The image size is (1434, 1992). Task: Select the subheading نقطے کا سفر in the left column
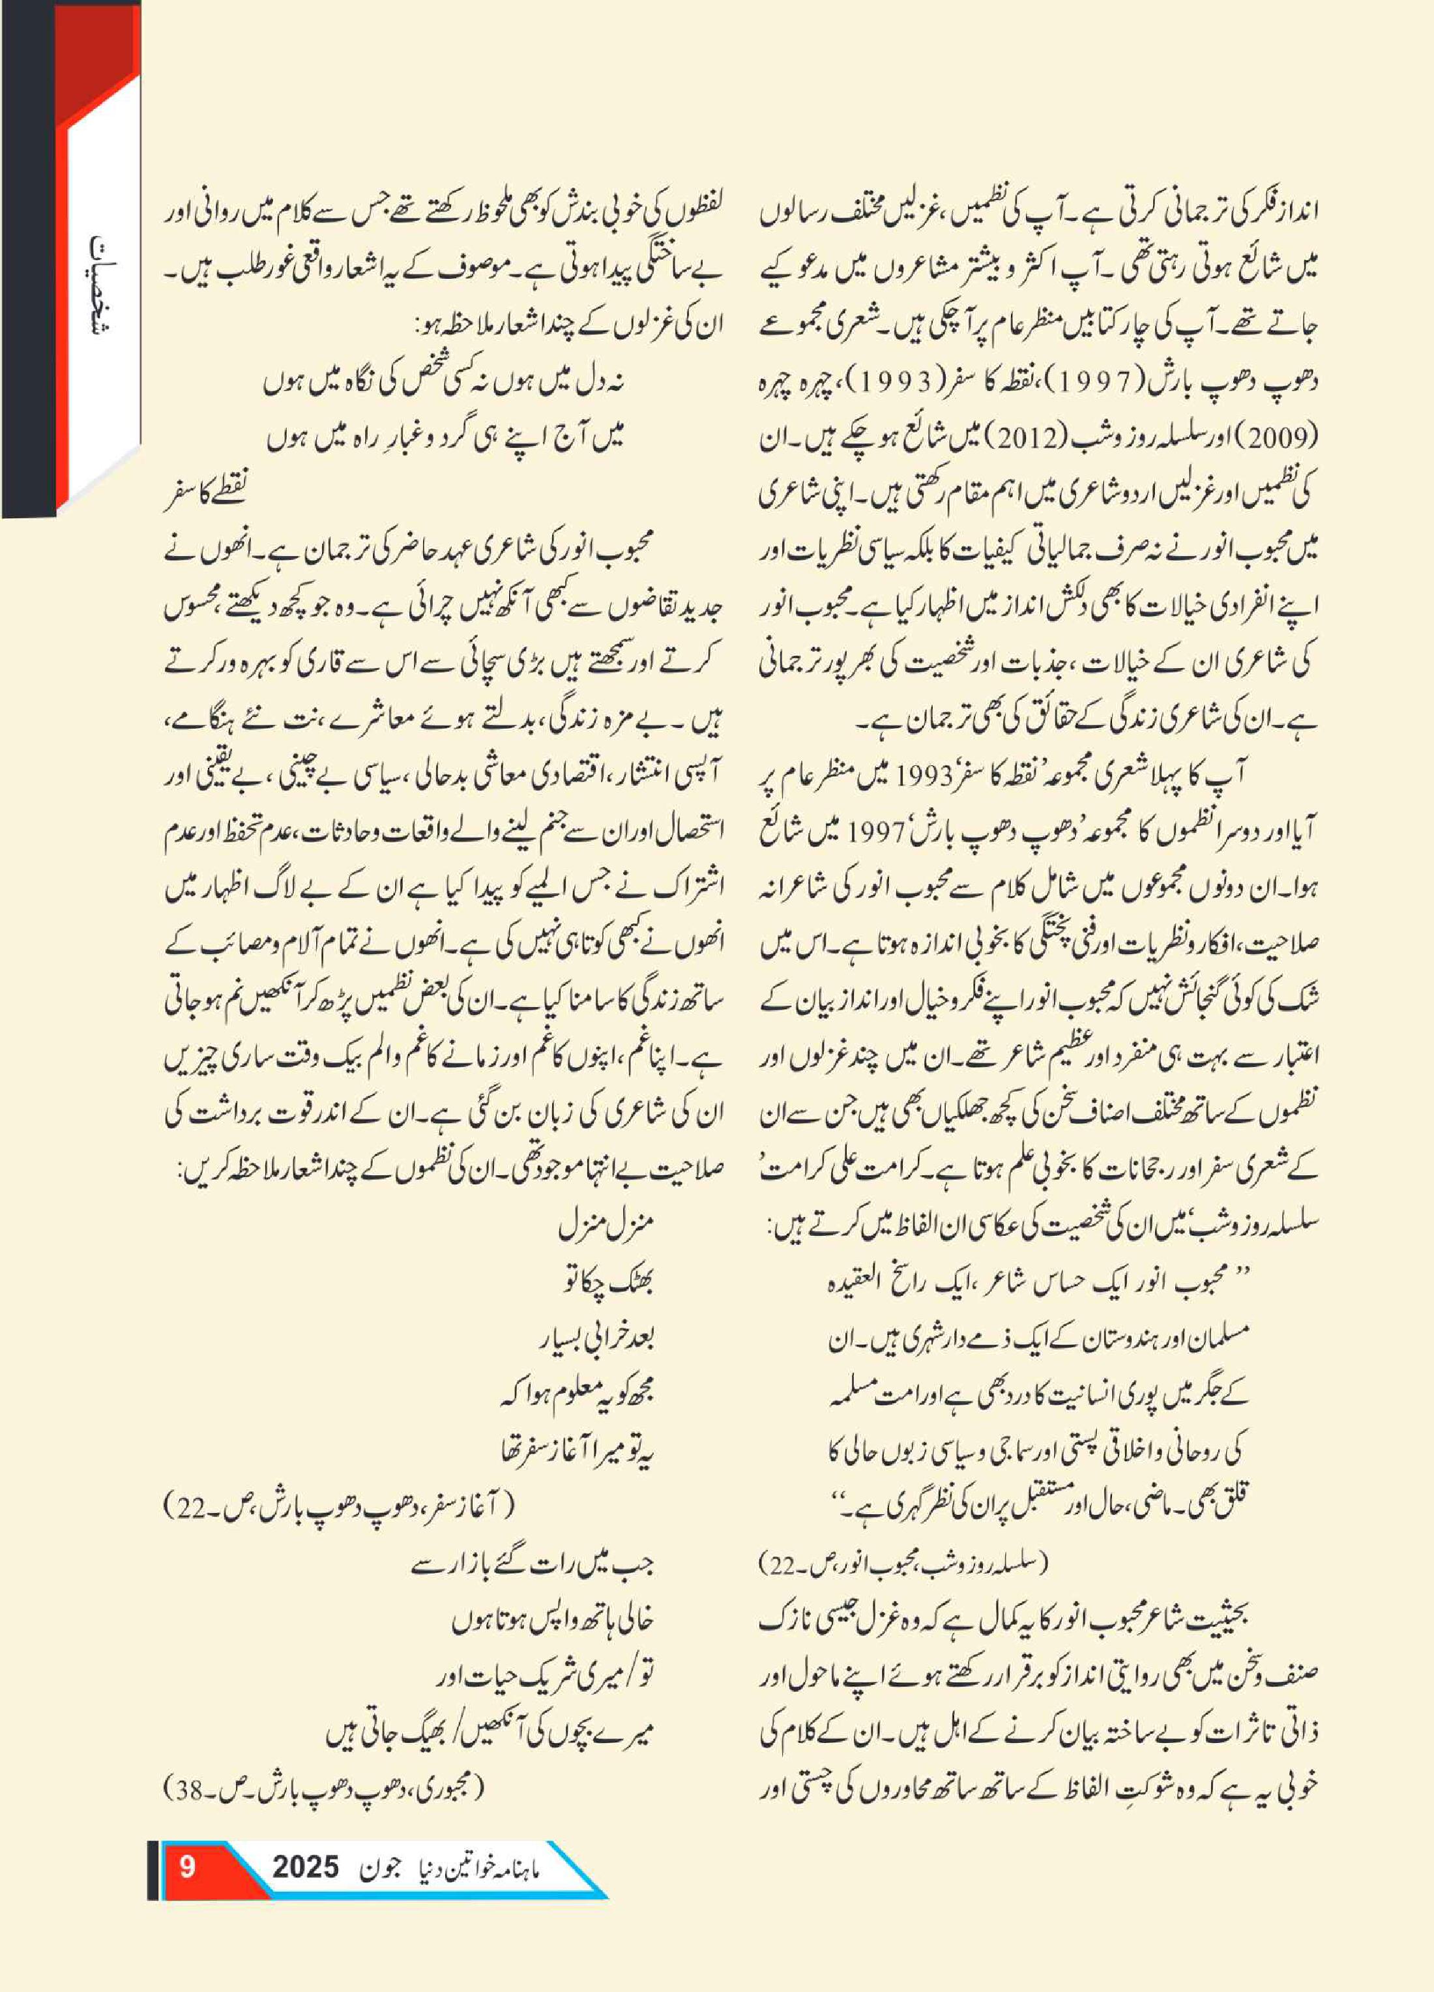click(205, 495)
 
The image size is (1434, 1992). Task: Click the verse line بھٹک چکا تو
click(609, 1284)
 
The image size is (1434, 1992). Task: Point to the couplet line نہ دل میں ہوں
click(443, 382)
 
